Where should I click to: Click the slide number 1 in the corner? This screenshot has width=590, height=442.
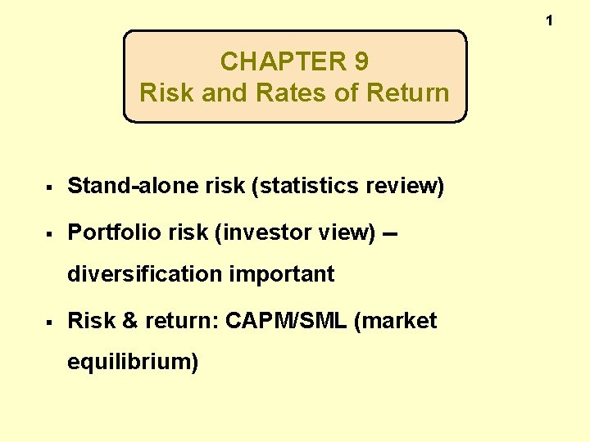pos(549,20)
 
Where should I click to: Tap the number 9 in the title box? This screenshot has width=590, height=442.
pos(360,61)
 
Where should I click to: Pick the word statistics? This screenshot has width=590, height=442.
pos(308,186)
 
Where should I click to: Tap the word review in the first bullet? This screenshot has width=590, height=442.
pos(404,186)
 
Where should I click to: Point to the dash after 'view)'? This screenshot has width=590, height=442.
pos(390,234)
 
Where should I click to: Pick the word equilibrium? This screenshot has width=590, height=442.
pos(132,362)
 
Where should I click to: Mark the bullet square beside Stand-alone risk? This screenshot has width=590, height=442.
pos(51,187)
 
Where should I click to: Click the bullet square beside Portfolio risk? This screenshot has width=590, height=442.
pos(51,234)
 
